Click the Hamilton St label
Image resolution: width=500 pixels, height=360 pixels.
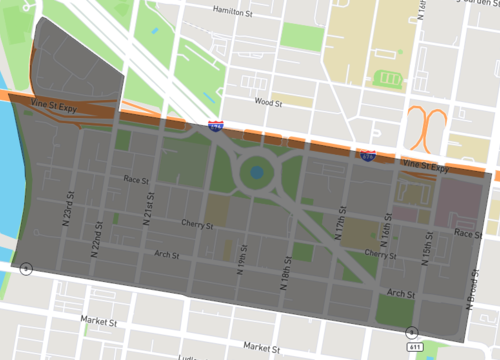tap(237, 9)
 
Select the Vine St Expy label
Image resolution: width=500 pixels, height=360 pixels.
tap(421, 163)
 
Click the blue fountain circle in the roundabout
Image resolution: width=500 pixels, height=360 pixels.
tap(257, 173)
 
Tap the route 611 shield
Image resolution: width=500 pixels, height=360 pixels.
tap(411, 331)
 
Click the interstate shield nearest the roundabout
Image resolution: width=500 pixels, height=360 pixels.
tap(215, 127)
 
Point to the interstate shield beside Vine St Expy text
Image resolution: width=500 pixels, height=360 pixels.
tap(369, 155)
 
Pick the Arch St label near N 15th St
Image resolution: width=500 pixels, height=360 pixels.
tap(401, 294)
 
